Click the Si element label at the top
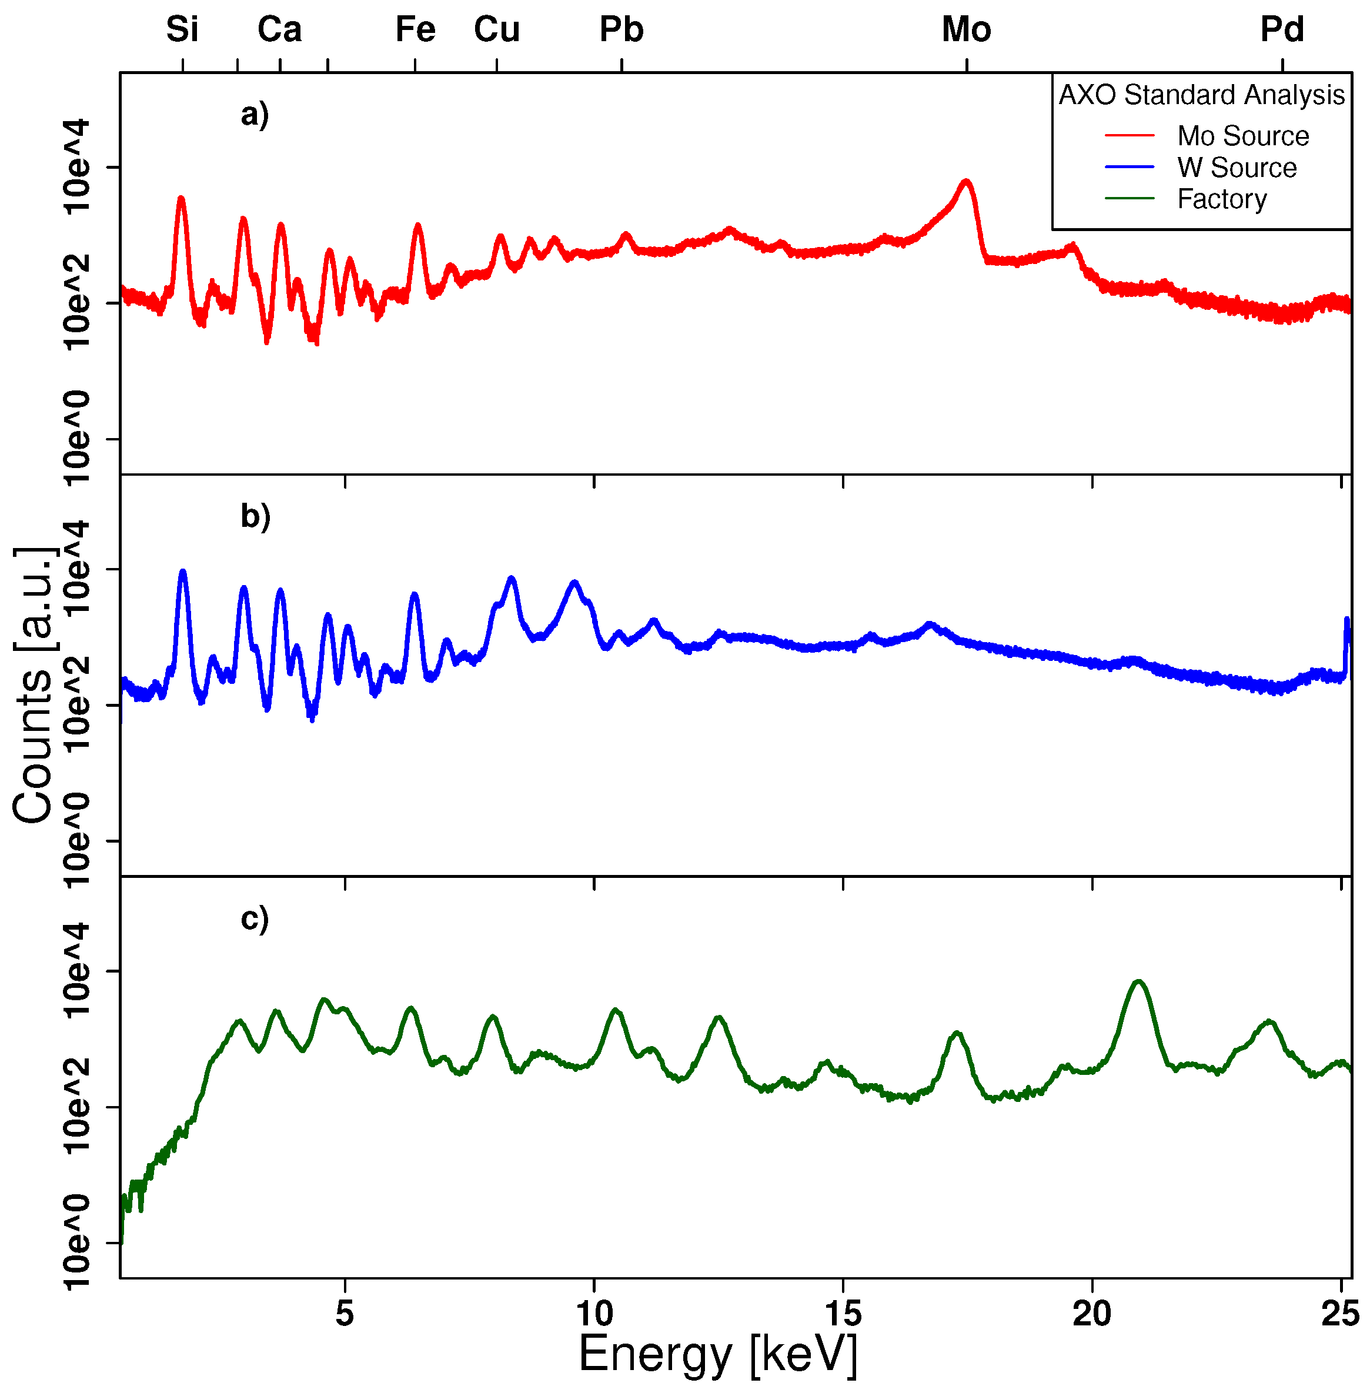[x=182, y=30]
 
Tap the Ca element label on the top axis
[x=279, y=30]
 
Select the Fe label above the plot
[x=415, y=30]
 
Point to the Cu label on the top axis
[x=496, y=30]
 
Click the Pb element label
[x=621, y=30]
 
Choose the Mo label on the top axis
[x=966, y=30]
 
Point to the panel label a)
[x=255, y=115]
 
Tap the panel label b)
[x=255, y=517]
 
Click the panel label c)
[x=255, y=919]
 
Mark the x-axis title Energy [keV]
[x=717, y=1354]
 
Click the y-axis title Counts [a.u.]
[x=34, y=683]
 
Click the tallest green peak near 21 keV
[x=1138, y=981]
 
